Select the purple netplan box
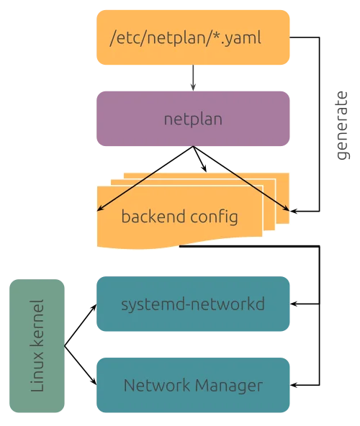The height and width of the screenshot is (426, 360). [x=193, y=119]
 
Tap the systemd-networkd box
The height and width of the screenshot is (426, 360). [x=193, y=304]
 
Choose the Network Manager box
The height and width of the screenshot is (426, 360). [x=193, y=385]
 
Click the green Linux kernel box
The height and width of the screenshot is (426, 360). [x=37, y=346]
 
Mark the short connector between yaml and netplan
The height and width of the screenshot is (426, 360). [x=193, y=78]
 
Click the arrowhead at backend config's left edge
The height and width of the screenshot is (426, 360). [x=99, y=211]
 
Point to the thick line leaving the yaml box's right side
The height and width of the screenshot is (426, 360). [x=306, y=37]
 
